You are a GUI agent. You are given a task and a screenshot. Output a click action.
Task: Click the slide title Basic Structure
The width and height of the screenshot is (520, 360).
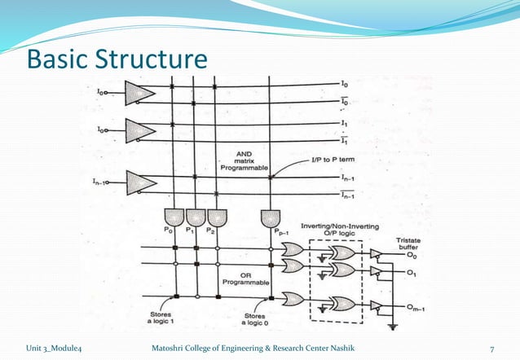tap(117, 60)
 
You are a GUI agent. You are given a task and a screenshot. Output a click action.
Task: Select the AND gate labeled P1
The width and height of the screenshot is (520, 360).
tap(196, 217)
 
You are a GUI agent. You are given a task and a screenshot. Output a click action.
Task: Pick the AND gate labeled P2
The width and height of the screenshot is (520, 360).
tap(216, 217)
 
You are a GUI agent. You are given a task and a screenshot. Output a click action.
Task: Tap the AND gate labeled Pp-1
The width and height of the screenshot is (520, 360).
tap(270, 217)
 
